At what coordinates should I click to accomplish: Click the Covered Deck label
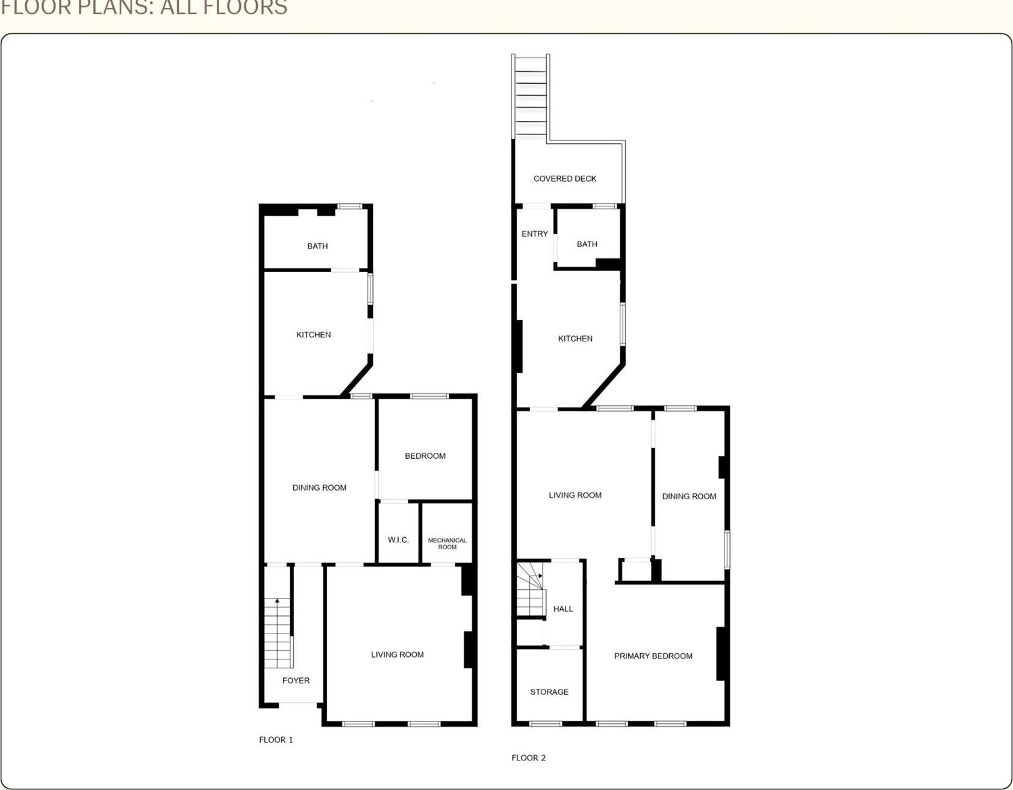564,179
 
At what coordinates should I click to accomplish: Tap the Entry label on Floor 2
534,234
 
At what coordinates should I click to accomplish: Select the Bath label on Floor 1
317,246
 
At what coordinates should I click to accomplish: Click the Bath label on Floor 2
587,244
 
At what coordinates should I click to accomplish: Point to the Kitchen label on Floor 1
313,335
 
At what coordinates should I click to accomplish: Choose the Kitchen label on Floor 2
575,338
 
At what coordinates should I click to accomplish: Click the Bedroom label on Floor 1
425,456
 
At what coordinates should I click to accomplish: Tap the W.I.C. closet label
398,540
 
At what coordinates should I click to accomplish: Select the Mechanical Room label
447,543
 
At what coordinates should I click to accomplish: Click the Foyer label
296,680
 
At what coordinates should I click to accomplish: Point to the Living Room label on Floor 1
397,655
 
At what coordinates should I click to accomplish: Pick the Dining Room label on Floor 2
689,496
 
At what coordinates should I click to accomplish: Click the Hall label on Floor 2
563,609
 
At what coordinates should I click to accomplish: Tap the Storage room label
549,692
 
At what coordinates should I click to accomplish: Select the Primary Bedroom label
653,656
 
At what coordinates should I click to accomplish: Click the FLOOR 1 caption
276,739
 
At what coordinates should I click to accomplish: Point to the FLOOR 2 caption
528,757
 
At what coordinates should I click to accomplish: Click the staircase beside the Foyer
278,632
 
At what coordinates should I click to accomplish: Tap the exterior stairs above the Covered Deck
531,96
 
